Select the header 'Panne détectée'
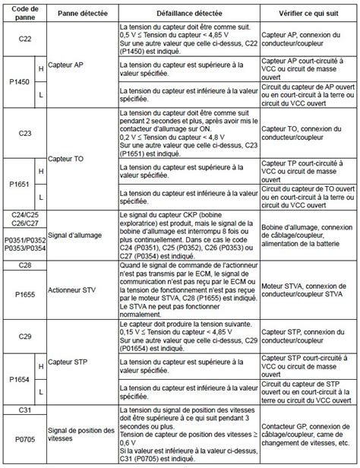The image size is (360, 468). [82, 12]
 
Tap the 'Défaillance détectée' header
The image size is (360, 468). [189, 12]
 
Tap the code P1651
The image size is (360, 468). [18, 185]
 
